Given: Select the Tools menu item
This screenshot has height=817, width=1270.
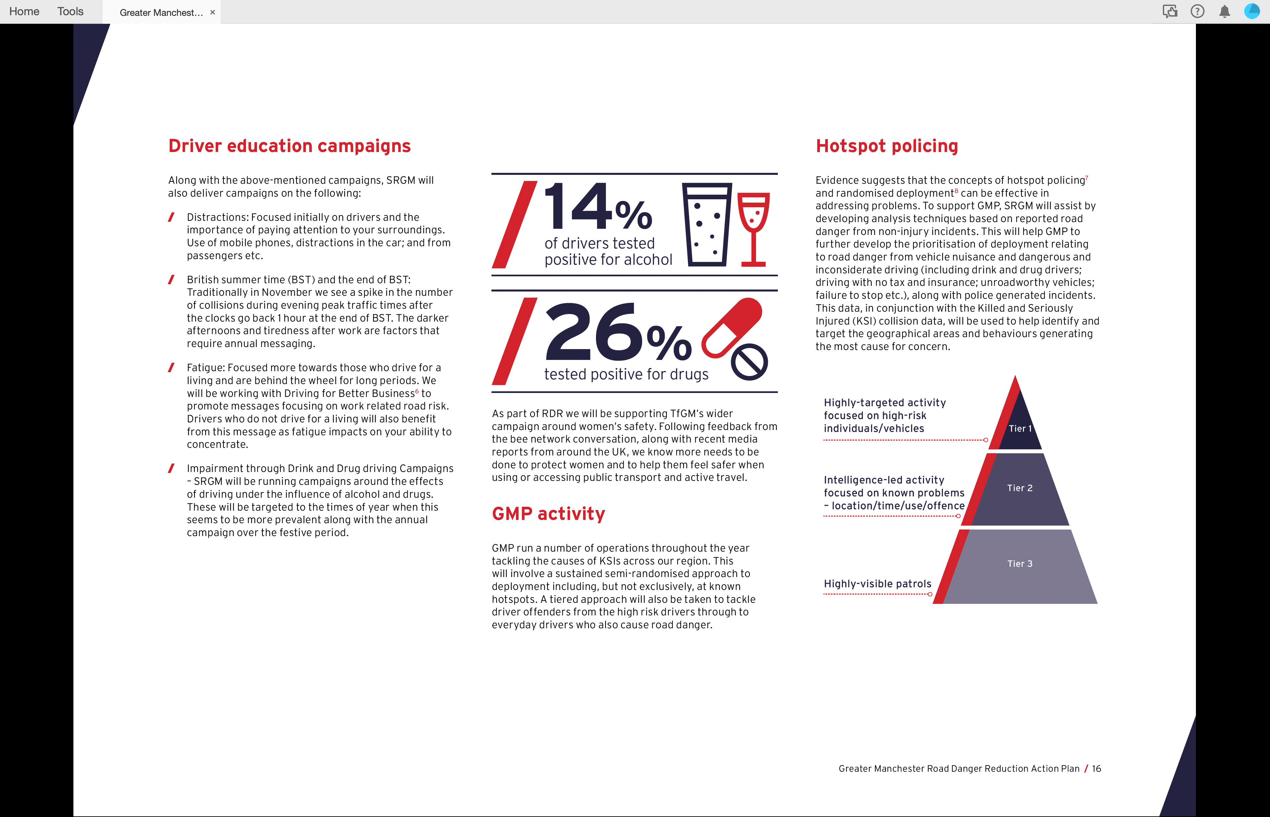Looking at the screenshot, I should point(70,12).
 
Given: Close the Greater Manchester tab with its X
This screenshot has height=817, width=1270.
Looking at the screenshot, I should point(212,12).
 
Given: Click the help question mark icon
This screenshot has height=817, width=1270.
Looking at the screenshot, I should point(1197,12).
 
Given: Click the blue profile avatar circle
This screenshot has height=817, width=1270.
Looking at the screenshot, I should point(1251,12).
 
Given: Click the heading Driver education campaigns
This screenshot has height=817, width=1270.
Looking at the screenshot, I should point(289,146).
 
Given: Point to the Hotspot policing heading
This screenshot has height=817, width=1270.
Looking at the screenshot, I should point(887,146).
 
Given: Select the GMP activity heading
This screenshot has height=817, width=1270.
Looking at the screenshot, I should point(548,514).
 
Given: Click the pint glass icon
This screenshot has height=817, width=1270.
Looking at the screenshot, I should point(707,224).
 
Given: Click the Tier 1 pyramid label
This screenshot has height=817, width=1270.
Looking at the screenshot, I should point(1020,429).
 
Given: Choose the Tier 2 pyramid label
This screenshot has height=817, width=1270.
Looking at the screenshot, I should point(1020,488).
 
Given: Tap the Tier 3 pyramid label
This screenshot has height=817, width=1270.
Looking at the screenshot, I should point(1020,564).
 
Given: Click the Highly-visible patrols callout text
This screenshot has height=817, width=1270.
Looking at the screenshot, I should point(877,584).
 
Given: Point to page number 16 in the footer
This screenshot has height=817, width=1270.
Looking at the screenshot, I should point(1096,769).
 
